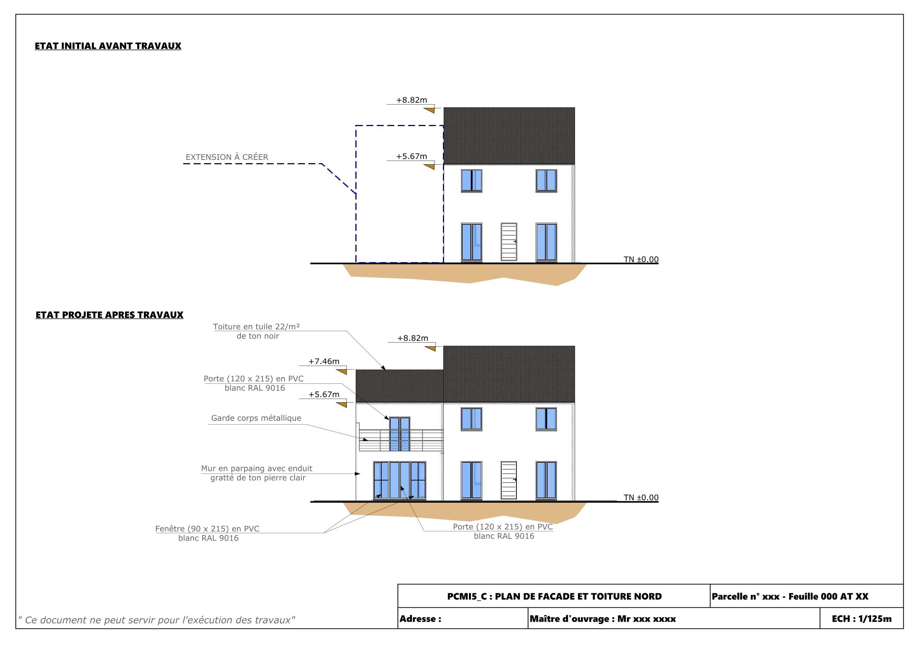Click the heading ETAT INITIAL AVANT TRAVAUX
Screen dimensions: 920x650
click(x=108, y=46)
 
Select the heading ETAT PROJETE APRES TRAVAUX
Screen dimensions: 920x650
click(x=109, y=315)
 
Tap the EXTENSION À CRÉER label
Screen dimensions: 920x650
click(x=227, y=157)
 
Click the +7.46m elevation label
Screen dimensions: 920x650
click(x=324, y=361)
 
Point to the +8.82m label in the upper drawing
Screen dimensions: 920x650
click(x=411, y=100)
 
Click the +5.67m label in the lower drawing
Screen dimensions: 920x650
click(x=324, y=395)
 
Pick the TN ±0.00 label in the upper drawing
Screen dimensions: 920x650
click(x=641, y=259)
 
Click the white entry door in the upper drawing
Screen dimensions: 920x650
click(x=509, y=242)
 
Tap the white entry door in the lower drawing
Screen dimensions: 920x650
click(x=509, y=480)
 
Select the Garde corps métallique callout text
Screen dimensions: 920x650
click(x=256, y=418)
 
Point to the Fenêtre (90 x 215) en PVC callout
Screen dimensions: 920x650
click(x=208, y=534)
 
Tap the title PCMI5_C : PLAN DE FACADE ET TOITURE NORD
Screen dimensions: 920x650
click(x=555, y=596)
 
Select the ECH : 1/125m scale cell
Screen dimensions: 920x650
click(x=861, y=619)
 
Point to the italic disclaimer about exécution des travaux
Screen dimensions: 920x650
click(x=156, y=620)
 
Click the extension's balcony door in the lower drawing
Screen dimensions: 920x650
click(x=400, y=434)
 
